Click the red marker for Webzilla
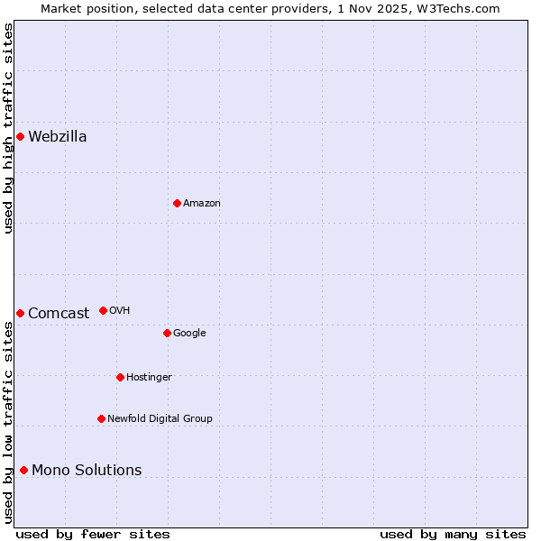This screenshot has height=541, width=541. point(20,136)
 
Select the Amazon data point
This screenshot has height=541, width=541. point(177,203)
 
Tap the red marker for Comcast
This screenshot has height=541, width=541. point(20,313)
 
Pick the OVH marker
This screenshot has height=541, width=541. point(103,310)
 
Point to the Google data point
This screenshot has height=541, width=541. point(167,333)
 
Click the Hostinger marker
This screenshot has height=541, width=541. point(120,377)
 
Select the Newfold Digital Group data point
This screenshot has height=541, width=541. point(101,418)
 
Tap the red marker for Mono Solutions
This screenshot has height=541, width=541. point(23,470)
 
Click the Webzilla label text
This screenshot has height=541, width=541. point(58,137)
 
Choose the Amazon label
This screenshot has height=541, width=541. point(202,204)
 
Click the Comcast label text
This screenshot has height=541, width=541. point(59,314)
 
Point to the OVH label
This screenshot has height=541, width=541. point(120,311)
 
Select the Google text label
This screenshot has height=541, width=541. point(189,334)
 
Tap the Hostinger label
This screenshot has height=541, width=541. point(149,378)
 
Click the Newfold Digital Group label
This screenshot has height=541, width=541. point(160,419)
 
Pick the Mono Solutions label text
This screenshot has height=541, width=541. point(87,471)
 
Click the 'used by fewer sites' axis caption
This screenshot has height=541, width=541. point(93,534)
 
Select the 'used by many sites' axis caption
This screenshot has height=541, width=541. point(453,534)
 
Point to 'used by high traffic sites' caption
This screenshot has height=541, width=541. point(9,128)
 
